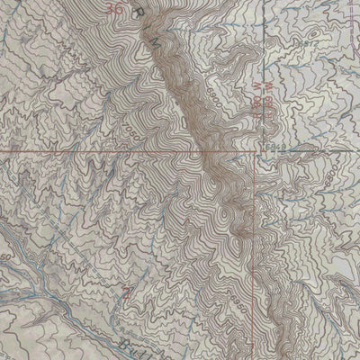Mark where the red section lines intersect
point(256,152)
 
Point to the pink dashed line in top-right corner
point(346,13)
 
